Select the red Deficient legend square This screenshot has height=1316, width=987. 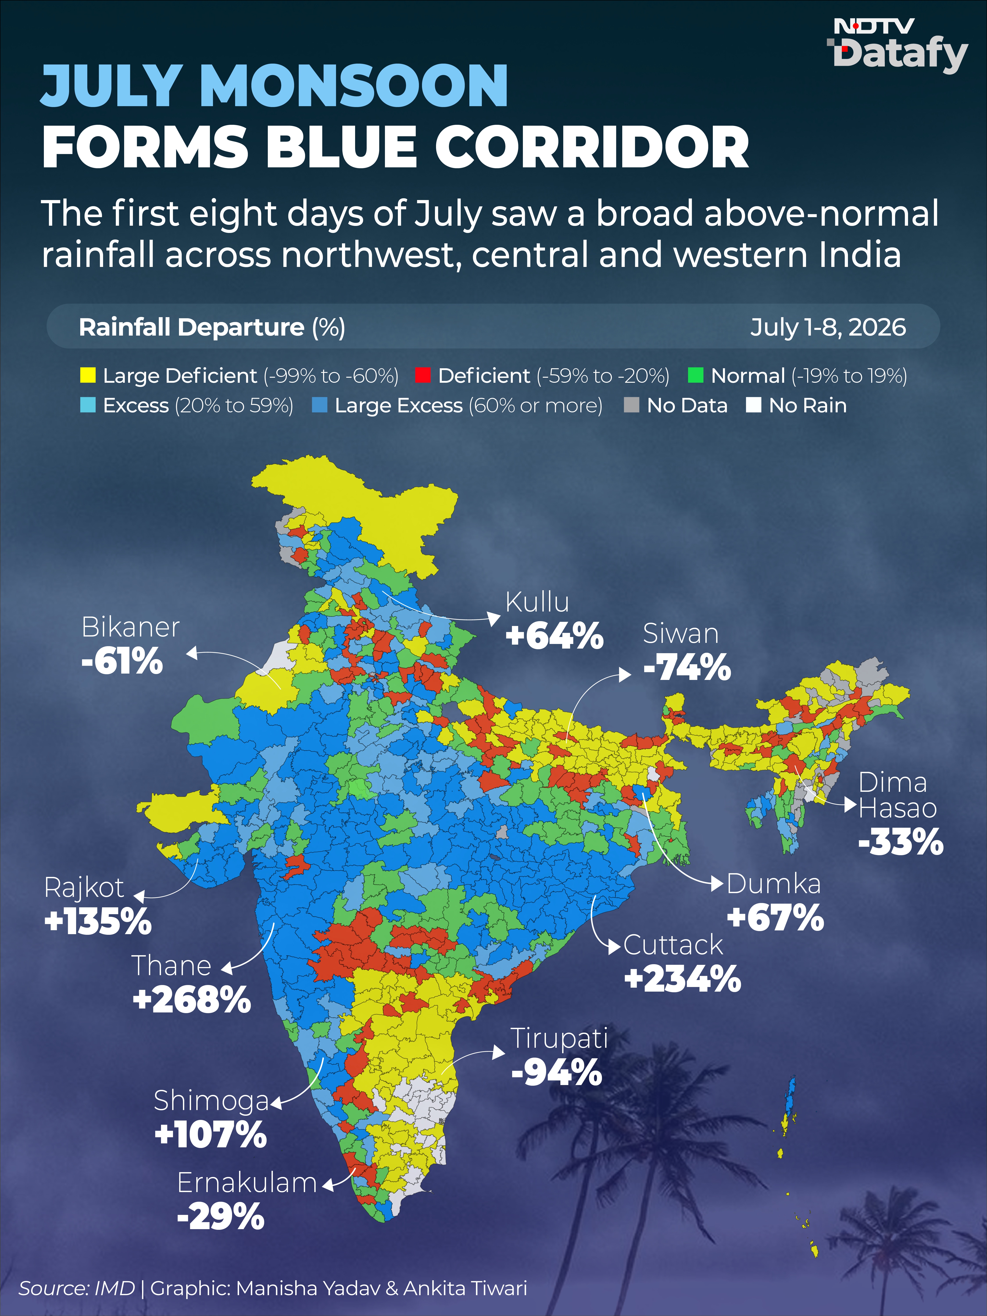422,375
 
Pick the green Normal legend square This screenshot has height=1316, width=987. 696,375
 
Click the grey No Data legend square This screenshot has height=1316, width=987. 631,405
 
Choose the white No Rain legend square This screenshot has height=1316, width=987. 754,405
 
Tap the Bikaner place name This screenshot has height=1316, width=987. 130,627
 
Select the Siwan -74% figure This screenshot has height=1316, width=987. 687,667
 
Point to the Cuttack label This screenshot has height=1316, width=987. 673,945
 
